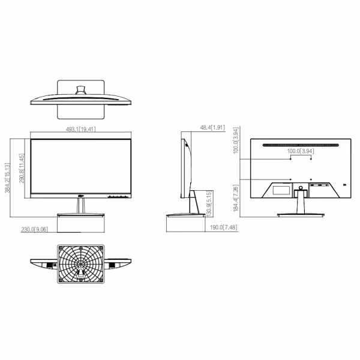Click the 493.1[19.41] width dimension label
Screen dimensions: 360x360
pyautogui.click(x=81, y=128)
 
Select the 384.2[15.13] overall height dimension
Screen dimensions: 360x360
pyautogui.click(x=8, y=178)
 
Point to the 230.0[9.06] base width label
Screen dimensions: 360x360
pyautogui.click(x=34, y=229)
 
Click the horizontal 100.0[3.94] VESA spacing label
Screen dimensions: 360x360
pyautogui.click(x=301, y=151)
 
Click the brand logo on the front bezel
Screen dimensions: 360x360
pyautogui.click(x=81, y=196)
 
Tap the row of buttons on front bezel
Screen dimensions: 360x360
pyautogui.click(x=118, y=196)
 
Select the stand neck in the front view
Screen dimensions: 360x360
pyautogui.click(x=81, y=206)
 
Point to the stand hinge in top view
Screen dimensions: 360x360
pyautogui.click(x=81, y=90)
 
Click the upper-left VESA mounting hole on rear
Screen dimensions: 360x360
pyautogui.click(x=291, y=159)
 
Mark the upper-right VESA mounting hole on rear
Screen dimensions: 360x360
pyautogui.click(x=311, y=159)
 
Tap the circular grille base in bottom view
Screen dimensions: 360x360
pyautogui.click(x=81, y=263)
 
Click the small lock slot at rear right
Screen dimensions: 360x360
pyautogui.click(x=344, y=184)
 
